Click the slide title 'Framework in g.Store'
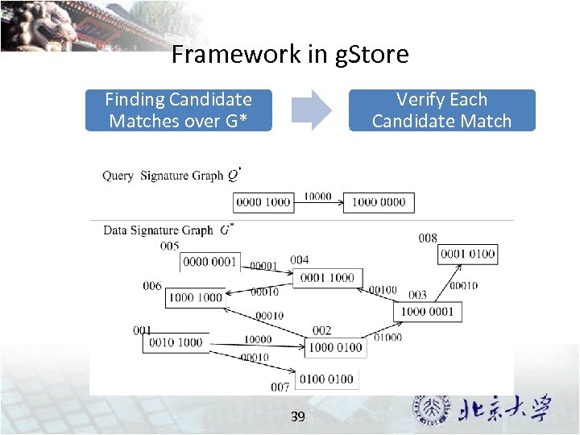(290, 55)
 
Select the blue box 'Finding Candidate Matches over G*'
(179, 110)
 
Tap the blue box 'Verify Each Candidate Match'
(441, 110)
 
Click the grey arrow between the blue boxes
(311, 110)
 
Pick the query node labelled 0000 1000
(263, 202)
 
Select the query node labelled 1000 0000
(379, 202)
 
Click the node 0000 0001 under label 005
(209, 262)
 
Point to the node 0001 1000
(326, 277)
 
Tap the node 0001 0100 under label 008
(468, 254)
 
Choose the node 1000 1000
(194, 297)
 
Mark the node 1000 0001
(427, 312)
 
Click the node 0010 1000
(176, 342)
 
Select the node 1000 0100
(335, 348)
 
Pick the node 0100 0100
(326, 379)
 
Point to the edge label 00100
(383, 290)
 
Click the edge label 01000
(387, 338)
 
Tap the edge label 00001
(263, 266)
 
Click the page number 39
(297, 416)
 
